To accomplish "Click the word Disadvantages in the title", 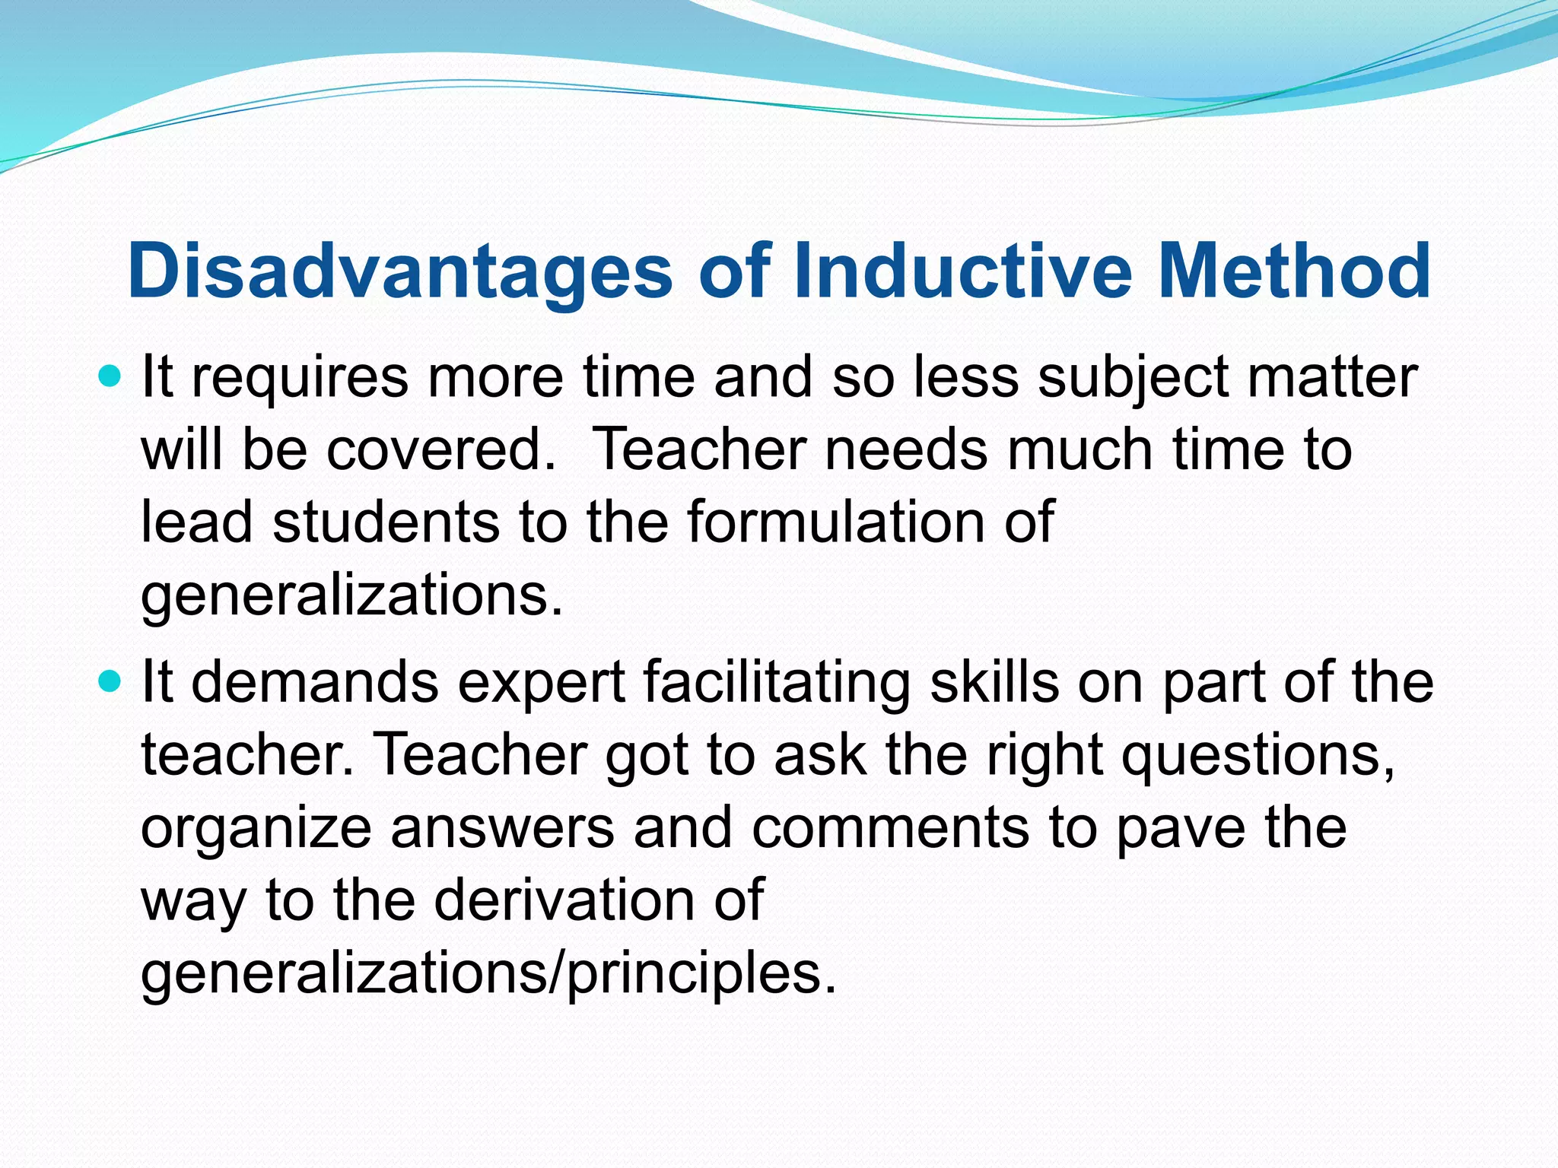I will (400, 271).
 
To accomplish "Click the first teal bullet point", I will (110, 376).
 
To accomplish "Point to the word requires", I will (300, 378).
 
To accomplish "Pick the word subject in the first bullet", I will (1133, 378).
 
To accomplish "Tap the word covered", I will (441, 450).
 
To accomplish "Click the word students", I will (386, 523).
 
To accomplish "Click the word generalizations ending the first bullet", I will (351, 596).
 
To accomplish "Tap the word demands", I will (315, 682).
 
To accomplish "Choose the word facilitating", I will (777, 682).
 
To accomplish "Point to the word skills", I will (994, 682).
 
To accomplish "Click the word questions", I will (1258, 755).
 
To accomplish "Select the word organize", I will (256, 828).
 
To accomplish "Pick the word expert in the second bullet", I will (542, 682).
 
